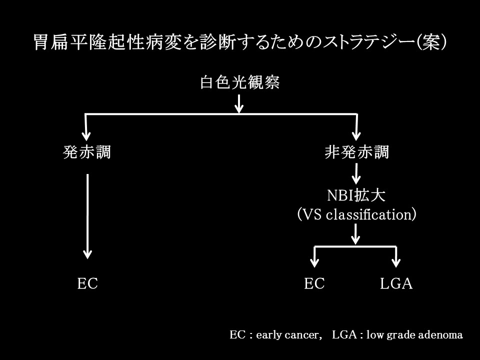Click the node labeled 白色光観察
pyautogui.click(x=239, y=82)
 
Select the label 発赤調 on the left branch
pyautogui.click(x=87, y=152)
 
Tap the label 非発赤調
pyautogui.click(x=357, y=152)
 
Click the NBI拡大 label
pyautogui.click(x=356, y=195)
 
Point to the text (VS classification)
pyautogui.click(x=356, y=214)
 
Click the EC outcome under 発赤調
pyautogui.click(x=87, y=283)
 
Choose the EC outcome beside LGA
pyautogui.click(x=314, y=283)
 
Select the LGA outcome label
pyautogui.click(x=396, y=283)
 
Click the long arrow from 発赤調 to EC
pyautogui.click(x=87, y=216)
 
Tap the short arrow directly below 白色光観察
pyautogui.click(x=239, y=104)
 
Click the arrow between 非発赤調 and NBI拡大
pyautogui.click(x=356, y=173)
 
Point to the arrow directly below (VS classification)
pyautogui.click(x=355, y=234)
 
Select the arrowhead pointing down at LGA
pyautogui.click(x=396, y=262)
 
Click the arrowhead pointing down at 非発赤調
pyautogui.click(x=356, y=135)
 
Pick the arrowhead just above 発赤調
pyautogui.click(x=86, y=135)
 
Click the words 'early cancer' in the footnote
pyautogui.click(x=287, y=335)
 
